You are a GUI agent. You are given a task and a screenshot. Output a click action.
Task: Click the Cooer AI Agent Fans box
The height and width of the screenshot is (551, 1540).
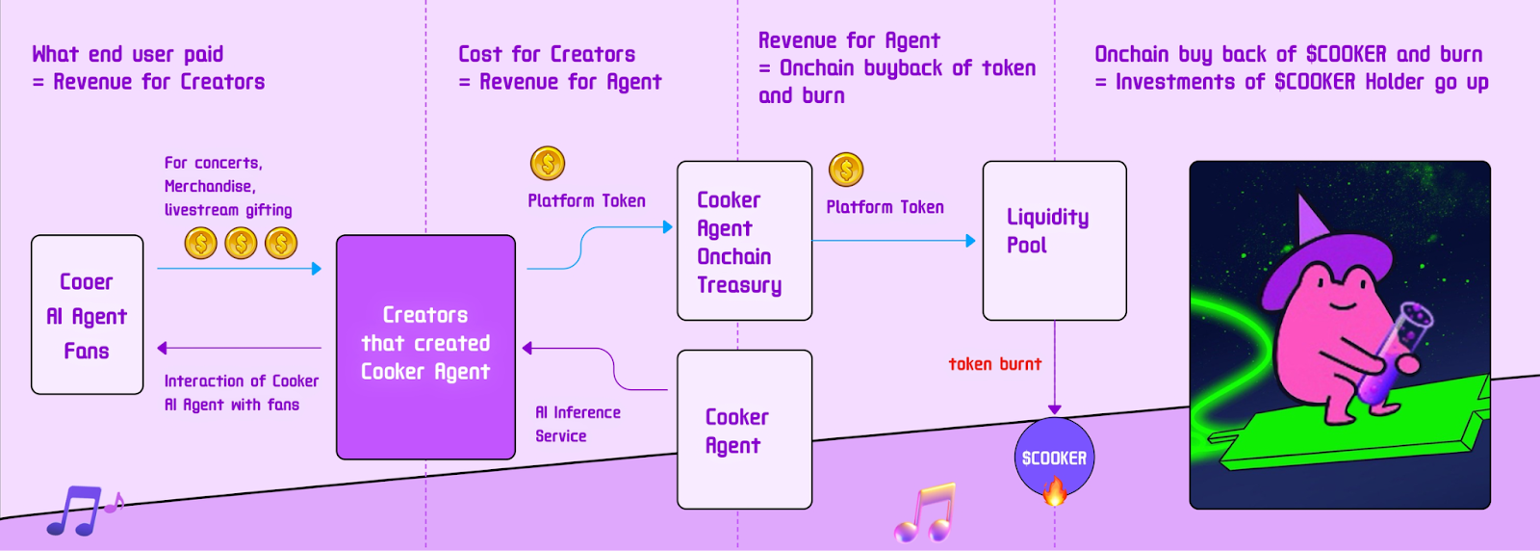(x=87, y=315)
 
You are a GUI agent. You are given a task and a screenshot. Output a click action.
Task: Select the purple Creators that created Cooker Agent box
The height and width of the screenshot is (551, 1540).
(x=425, y=346)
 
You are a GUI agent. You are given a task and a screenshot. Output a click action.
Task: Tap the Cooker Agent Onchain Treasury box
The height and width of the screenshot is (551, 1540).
(x=744, y=241)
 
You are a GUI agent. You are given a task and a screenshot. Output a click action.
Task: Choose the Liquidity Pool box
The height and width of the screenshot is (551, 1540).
(x=1054, y=240)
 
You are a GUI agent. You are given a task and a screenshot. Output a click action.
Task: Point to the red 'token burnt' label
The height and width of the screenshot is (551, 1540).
(x=994, y=364)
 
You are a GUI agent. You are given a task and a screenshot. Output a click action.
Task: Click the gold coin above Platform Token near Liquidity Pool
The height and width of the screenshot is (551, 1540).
(x=846, y=170)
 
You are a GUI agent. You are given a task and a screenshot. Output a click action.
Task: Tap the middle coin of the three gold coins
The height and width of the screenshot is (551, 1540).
(x=241, y=243)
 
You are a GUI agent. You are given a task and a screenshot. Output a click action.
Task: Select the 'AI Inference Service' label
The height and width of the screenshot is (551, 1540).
(x=577, y=424)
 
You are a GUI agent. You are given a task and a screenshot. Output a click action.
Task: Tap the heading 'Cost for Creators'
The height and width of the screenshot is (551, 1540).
(x=547, y=54)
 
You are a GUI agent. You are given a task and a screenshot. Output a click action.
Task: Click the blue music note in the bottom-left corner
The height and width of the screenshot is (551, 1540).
(x=75, y=511)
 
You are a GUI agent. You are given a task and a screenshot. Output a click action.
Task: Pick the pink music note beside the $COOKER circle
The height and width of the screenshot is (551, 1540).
(x=926, y=512)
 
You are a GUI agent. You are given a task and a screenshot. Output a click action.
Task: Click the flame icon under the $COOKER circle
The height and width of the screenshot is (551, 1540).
(x=1054, y=493)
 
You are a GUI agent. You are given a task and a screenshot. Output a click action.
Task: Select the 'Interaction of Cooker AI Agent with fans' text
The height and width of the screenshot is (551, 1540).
(x=241, y=393)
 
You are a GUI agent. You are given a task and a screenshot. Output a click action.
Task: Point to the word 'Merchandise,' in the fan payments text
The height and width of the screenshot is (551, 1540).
(x=209, y=186)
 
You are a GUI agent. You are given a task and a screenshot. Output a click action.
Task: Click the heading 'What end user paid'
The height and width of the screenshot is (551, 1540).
(x=127, y=54)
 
